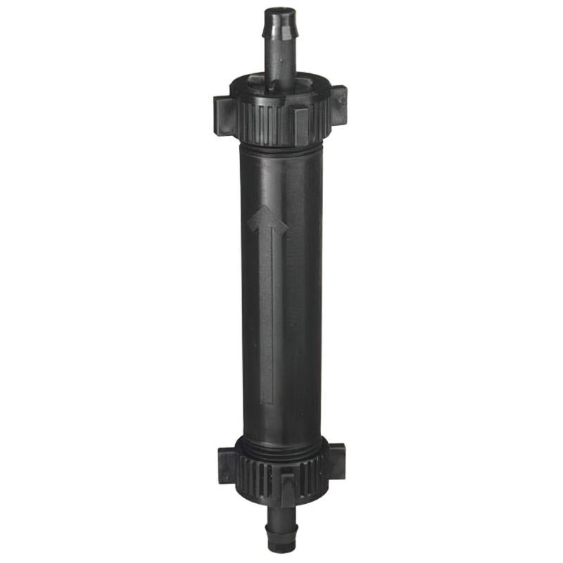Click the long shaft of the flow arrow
(267, 310)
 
